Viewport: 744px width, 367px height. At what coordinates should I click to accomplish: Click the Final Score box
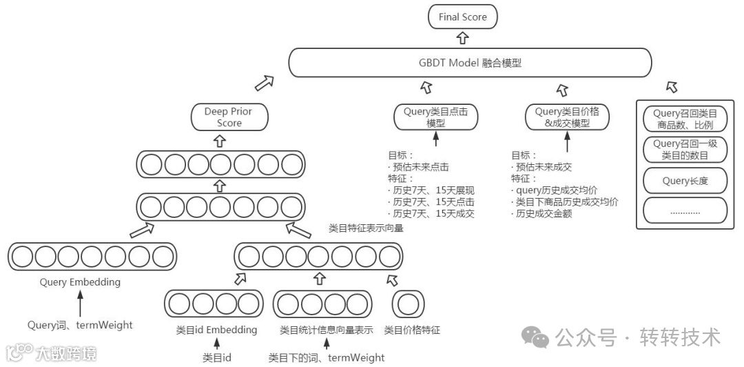462,17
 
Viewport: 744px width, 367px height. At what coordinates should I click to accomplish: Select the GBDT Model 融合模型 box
470,63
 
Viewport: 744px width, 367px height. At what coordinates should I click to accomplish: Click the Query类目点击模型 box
436,117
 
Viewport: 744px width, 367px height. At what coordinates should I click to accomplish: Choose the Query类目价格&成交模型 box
567,117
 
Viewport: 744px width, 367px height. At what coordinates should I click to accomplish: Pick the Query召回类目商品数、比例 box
685,119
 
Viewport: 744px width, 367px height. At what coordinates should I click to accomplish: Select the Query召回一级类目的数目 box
685,149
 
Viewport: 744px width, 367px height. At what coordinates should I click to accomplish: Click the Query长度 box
685,181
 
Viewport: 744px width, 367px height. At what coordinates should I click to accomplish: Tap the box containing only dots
685,211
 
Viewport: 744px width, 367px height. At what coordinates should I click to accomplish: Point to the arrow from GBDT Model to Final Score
462,38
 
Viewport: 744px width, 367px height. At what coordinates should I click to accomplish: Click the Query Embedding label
80,282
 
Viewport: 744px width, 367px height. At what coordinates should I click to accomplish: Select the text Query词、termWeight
80,325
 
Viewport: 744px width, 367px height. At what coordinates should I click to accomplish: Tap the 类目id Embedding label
216,330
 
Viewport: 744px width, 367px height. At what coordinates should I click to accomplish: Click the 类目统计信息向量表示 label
326,330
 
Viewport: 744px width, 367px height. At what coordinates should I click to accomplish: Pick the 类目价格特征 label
412,330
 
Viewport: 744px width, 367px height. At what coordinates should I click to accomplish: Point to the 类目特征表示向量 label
366,228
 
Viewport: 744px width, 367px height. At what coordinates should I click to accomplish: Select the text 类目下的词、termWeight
327,357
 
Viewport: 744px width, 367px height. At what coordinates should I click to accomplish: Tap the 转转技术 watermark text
681,337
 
